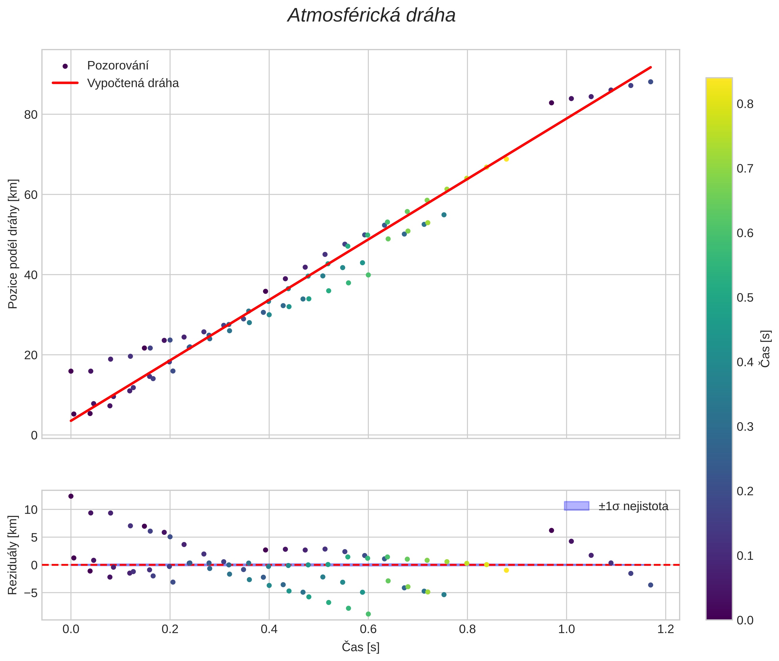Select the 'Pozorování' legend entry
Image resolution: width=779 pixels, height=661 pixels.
tap(118, 66)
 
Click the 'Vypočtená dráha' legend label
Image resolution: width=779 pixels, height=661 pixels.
tap(133, 83)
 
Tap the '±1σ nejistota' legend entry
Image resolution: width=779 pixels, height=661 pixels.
tap(633, 506)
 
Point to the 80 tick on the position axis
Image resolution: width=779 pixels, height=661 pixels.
tap(31, 115)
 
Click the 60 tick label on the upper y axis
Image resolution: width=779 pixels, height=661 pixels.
tap(31, 195)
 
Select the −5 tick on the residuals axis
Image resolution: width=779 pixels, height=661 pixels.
tap(30, 593)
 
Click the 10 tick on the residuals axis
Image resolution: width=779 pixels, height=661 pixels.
tap(31, 510)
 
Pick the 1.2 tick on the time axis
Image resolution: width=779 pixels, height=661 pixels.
tap(665, 629)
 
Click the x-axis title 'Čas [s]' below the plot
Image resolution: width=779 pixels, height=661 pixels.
tap(360, 647)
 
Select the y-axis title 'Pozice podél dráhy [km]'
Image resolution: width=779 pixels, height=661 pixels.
tap(13, 244)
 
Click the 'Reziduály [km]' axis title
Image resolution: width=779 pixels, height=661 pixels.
tap(13, 555)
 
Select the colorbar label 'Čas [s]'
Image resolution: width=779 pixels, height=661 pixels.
tap(766, 349)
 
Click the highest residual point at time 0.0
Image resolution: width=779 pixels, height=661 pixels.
tap(71, 496)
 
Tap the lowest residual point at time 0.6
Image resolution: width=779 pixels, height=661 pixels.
tap(368, 614)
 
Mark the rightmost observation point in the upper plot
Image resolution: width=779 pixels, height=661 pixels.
tap(651, 82)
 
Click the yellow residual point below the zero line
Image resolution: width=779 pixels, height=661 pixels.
tap(506, 570)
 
